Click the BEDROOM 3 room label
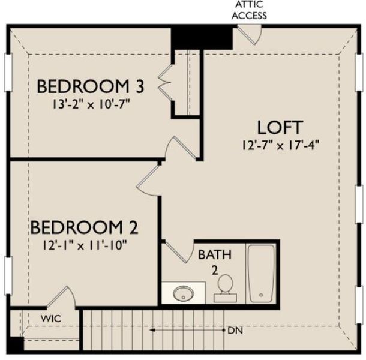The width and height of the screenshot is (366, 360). tap(90, 86)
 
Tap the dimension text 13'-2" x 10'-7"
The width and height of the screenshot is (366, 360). tap(90, 103)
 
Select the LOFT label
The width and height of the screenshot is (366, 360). tap(280, 127)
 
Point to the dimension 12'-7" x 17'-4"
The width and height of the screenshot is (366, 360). tap(280, 144)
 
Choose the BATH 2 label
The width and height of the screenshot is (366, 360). tap(214, 262)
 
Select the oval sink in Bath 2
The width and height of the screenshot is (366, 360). tap(182, 293)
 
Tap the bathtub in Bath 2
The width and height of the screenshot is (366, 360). tap(261, 273)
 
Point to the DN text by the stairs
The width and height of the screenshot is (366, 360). tap(235, 331)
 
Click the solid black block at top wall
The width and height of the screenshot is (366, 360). tap(202, 37)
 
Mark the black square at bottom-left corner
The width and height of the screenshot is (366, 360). tap(14, 344)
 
